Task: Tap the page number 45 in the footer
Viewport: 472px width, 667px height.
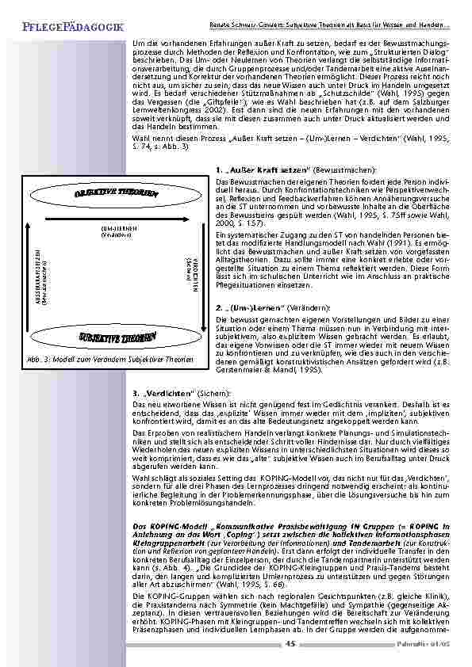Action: coord(290,643)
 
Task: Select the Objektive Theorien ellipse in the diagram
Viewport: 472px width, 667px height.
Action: coord(117,196)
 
